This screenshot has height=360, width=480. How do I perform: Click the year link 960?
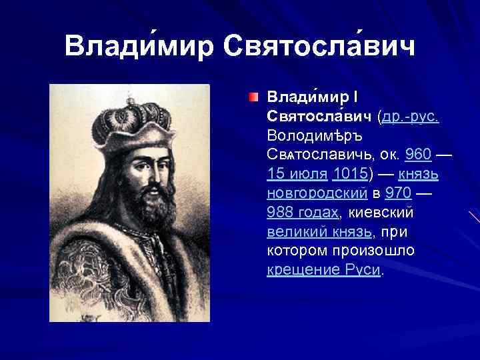[418, 155]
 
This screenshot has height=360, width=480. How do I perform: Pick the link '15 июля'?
[297, 175]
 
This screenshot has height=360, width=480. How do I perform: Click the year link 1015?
[350, 175]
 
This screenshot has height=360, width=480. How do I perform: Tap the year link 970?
[398, 194]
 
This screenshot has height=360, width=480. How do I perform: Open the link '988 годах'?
[303, 213]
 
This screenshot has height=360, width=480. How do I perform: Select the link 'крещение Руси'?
[324, 271]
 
